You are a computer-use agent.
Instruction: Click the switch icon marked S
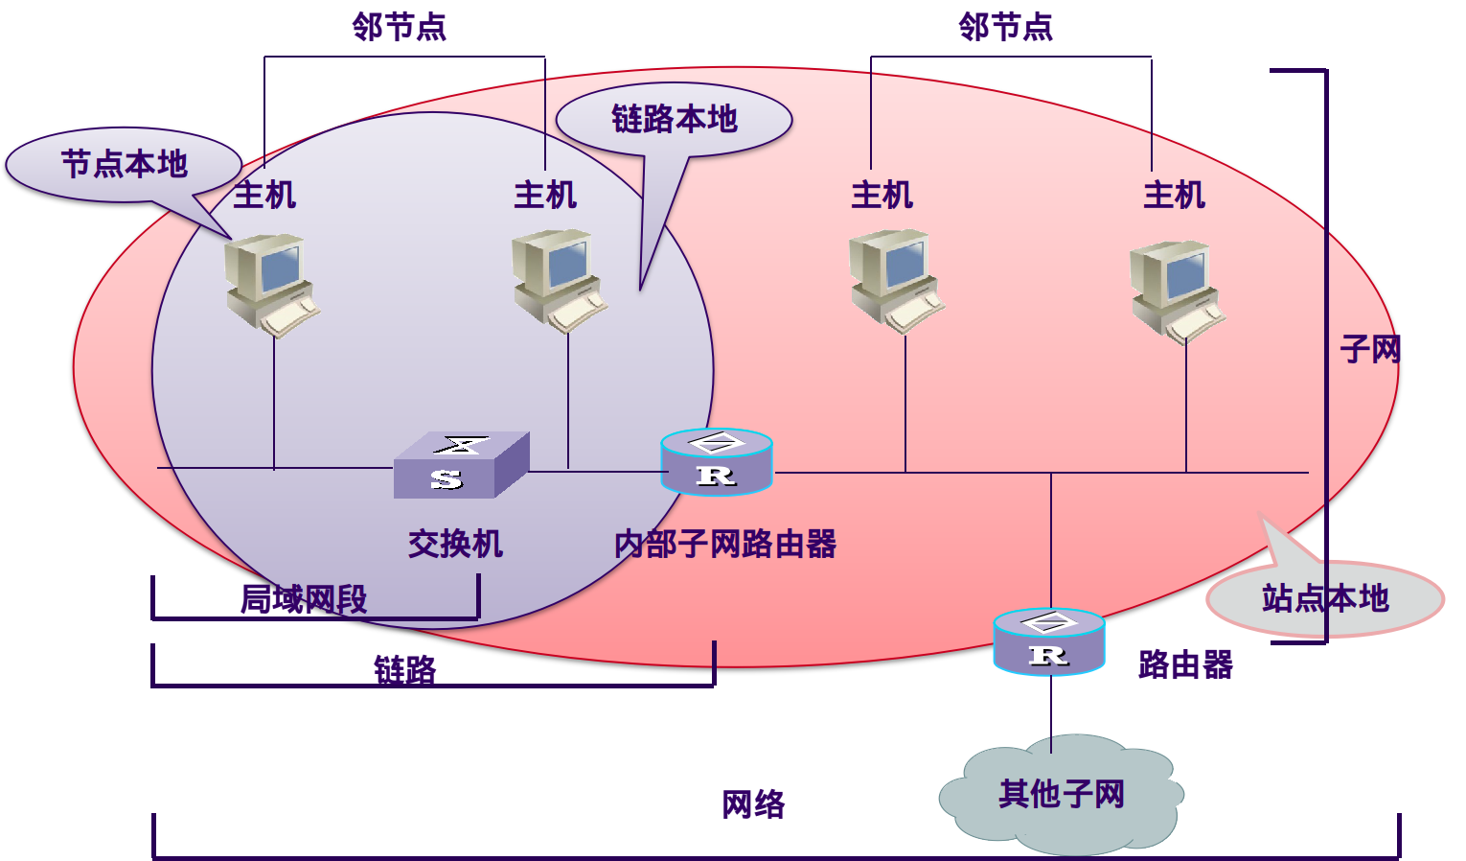point(461,465)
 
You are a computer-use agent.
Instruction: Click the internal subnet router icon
point(716,462)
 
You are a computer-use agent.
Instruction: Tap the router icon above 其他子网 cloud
point(1049,641)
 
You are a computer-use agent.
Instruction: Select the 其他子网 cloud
point(1062,795)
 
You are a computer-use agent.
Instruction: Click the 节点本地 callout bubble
point(124,165)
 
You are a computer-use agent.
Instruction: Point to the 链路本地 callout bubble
point(674,120)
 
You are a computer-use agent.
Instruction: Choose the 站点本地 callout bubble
point(1324,599)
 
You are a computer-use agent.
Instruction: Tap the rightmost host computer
point(1176,291)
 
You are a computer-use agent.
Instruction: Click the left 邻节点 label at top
point(399,27)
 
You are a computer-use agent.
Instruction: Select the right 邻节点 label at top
point(1005,27)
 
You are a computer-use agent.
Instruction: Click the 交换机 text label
point(455,545)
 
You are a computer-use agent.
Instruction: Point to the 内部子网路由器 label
point(725,545)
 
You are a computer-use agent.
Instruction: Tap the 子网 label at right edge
point(1370,349)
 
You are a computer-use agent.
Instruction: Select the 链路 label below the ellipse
point(404,669)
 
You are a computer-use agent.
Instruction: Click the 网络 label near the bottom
point(753,804)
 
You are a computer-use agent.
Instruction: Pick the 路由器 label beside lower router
point(1185,664)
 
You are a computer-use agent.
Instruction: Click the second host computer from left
point(559,280)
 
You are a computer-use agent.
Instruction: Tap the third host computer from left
point(895,280)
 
